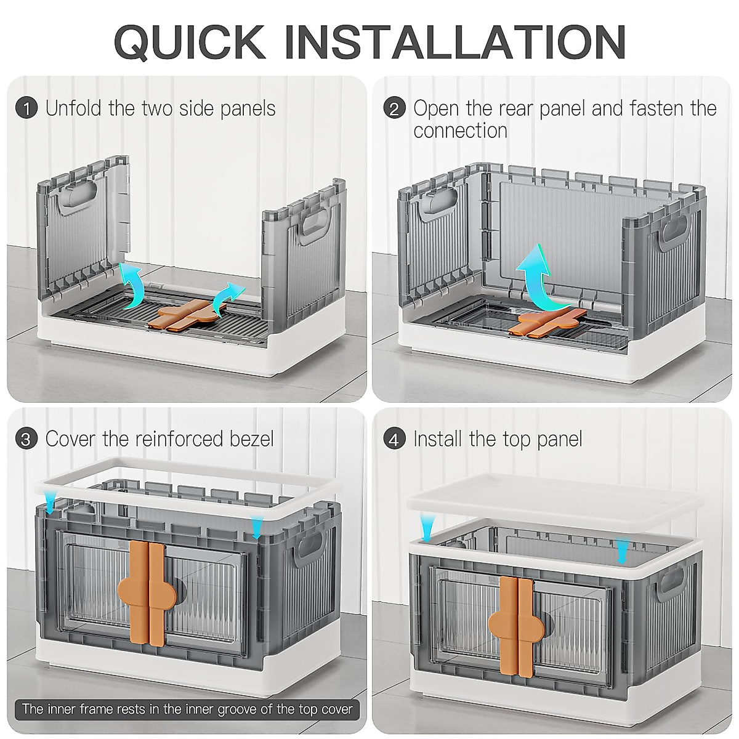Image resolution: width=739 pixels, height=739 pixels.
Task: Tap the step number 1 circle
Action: coord(26,109)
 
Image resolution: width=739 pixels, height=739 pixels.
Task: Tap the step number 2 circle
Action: coord(394,109)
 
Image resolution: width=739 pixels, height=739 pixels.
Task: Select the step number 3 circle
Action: coord(26,440)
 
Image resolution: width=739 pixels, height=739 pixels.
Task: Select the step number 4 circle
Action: coord(394,440)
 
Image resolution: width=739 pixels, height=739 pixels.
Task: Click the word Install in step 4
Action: coord(438,439)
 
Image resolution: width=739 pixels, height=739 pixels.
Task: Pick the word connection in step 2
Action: coord(460,131)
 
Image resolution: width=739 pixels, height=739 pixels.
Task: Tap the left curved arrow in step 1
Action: coord(131,282)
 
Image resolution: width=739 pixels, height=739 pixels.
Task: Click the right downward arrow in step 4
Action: coord(623,549)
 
